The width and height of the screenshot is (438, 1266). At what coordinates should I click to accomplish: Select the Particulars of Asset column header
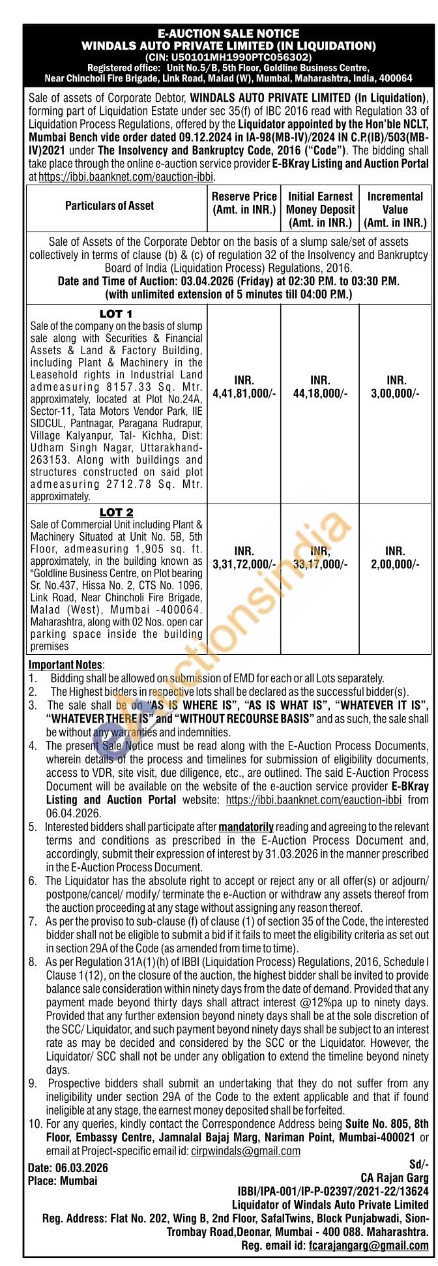click(110, 206)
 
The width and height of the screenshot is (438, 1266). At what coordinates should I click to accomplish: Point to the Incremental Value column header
click(395, 209)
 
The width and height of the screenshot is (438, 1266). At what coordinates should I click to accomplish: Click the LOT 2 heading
click(116, 513)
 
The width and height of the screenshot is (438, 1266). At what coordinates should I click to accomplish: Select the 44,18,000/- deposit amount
click(319, 394)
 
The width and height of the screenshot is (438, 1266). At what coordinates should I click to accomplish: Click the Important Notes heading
click(66, 665)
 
